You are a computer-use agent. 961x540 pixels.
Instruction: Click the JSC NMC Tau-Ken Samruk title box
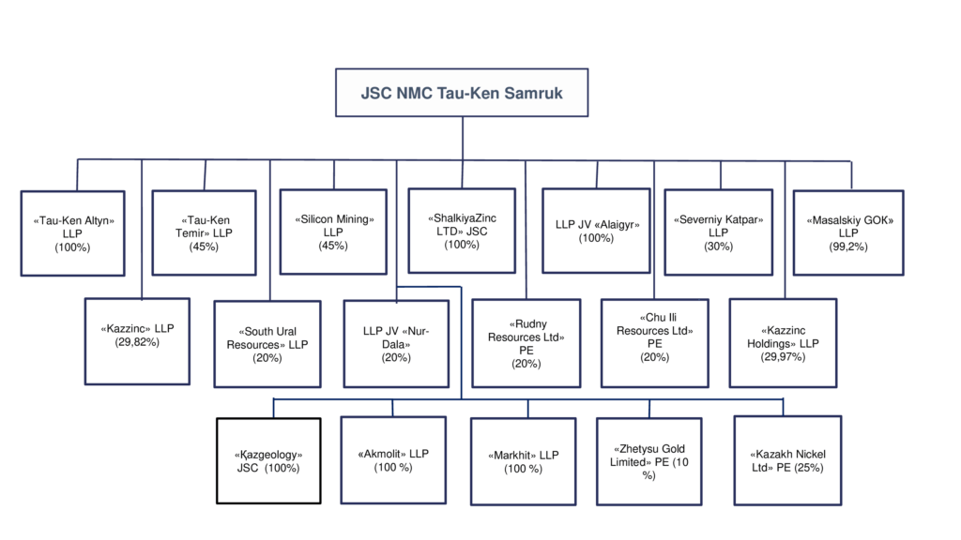(462, 93)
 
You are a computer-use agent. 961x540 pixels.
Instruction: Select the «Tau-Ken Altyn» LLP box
(73, 233)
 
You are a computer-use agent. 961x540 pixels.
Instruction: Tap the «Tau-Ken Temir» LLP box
(204, 232)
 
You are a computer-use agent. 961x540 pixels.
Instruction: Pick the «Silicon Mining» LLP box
(333, 232)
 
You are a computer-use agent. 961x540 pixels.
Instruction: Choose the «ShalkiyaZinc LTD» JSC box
(462, 231)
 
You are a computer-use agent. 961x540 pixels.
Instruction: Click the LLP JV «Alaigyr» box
(596, 231)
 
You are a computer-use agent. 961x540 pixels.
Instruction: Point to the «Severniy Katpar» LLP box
(718, 232)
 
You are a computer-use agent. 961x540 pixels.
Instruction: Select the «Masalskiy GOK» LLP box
(848, 232)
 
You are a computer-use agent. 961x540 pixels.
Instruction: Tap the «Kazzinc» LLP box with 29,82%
(137, 341)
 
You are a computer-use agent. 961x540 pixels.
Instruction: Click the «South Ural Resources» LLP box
(267, 344)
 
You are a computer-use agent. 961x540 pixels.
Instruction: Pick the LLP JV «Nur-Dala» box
(397, 344)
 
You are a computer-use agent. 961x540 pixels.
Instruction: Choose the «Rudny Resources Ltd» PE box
(526, 343)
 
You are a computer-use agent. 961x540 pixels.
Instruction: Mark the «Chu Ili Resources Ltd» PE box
(654, 343)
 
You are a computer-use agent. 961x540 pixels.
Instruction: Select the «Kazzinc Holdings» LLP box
(784, 343)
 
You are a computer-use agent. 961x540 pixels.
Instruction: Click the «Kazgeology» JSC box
(268, 461)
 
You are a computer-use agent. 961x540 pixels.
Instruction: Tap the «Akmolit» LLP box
(393, 460)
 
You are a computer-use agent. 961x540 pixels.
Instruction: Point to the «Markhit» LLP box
(524, 461)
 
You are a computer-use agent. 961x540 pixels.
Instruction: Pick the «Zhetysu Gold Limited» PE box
(649, 461)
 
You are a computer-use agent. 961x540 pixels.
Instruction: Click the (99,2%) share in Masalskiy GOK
(848, 247)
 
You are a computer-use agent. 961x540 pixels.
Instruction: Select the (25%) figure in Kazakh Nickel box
(809, 468)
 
